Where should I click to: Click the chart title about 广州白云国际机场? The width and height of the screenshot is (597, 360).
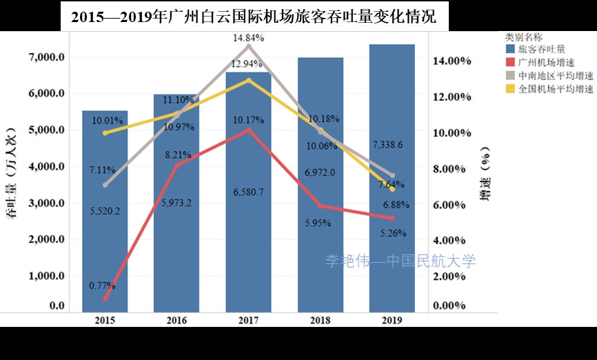tap(254, 16)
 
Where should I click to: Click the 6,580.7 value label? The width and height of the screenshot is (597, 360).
tap(248, 192)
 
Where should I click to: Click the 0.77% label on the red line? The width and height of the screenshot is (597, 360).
tap(102, 285)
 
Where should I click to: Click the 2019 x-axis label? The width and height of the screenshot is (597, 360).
tap(392, 320)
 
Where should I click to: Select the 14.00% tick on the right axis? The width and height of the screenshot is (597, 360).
tap(452, 61)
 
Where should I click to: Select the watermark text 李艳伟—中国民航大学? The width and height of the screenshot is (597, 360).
tap(401, 261)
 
